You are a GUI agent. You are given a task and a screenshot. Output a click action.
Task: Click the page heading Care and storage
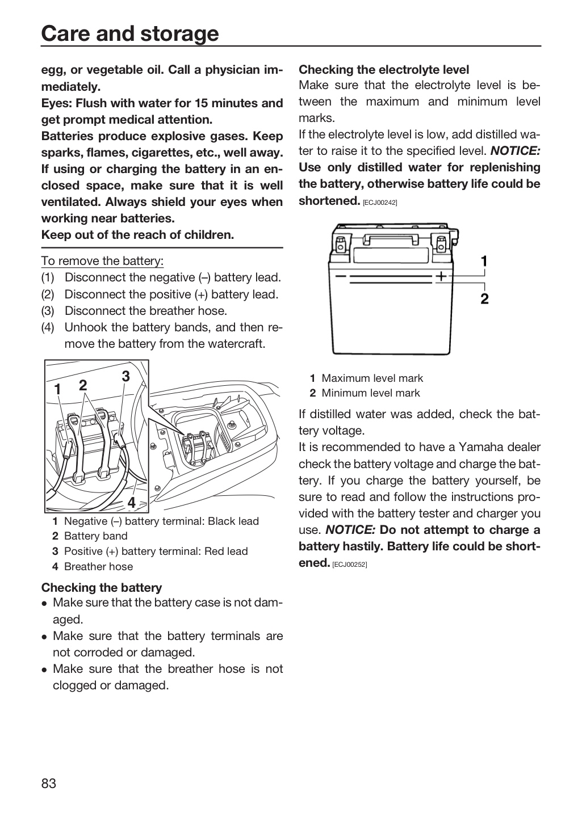coord(130,33)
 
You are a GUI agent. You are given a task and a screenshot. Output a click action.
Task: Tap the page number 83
coord(49,783)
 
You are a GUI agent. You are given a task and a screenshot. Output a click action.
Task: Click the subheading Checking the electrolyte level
coord(384,69)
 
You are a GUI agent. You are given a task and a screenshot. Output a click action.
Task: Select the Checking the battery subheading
coord(102,587)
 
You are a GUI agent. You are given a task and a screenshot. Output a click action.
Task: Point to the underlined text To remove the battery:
coord(102,261)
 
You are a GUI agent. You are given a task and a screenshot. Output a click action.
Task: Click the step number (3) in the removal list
coord(48,311)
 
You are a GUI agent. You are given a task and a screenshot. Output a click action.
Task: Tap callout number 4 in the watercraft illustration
coord(131,503)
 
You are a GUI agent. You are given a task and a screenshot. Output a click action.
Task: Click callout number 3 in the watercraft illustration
coord(125,376)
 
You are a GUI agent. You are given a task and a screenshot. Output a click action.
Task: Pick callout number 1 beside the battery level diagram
coord(484,261)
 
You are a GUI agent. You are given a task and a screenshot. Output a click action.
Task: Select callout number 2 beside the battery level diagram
coord(484,298)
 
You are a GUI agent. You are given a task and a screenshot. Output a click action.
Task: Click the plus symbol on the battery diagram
coord(441,276)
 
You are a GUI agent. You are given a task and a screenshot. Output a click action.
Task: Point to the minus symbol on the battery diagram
coord(340,276)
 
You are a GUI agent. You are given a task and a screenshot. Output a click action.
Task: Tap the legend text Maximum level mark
coord(372,378)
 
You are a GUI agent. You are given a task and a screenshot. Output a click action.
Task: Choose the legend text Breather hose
coord(99,566)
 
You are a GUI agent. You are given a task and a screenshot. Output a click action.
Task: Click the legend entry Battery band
coord(95,536)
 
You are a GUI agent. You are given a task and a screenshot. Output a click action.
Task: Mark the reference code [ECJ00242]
coord(380,203)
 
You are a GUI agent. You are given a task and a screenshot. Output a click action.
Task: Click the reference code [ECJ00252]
coord(349,565)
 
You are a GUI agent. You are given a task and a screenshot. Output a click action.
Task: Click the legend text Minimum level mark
coord(371,393)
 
